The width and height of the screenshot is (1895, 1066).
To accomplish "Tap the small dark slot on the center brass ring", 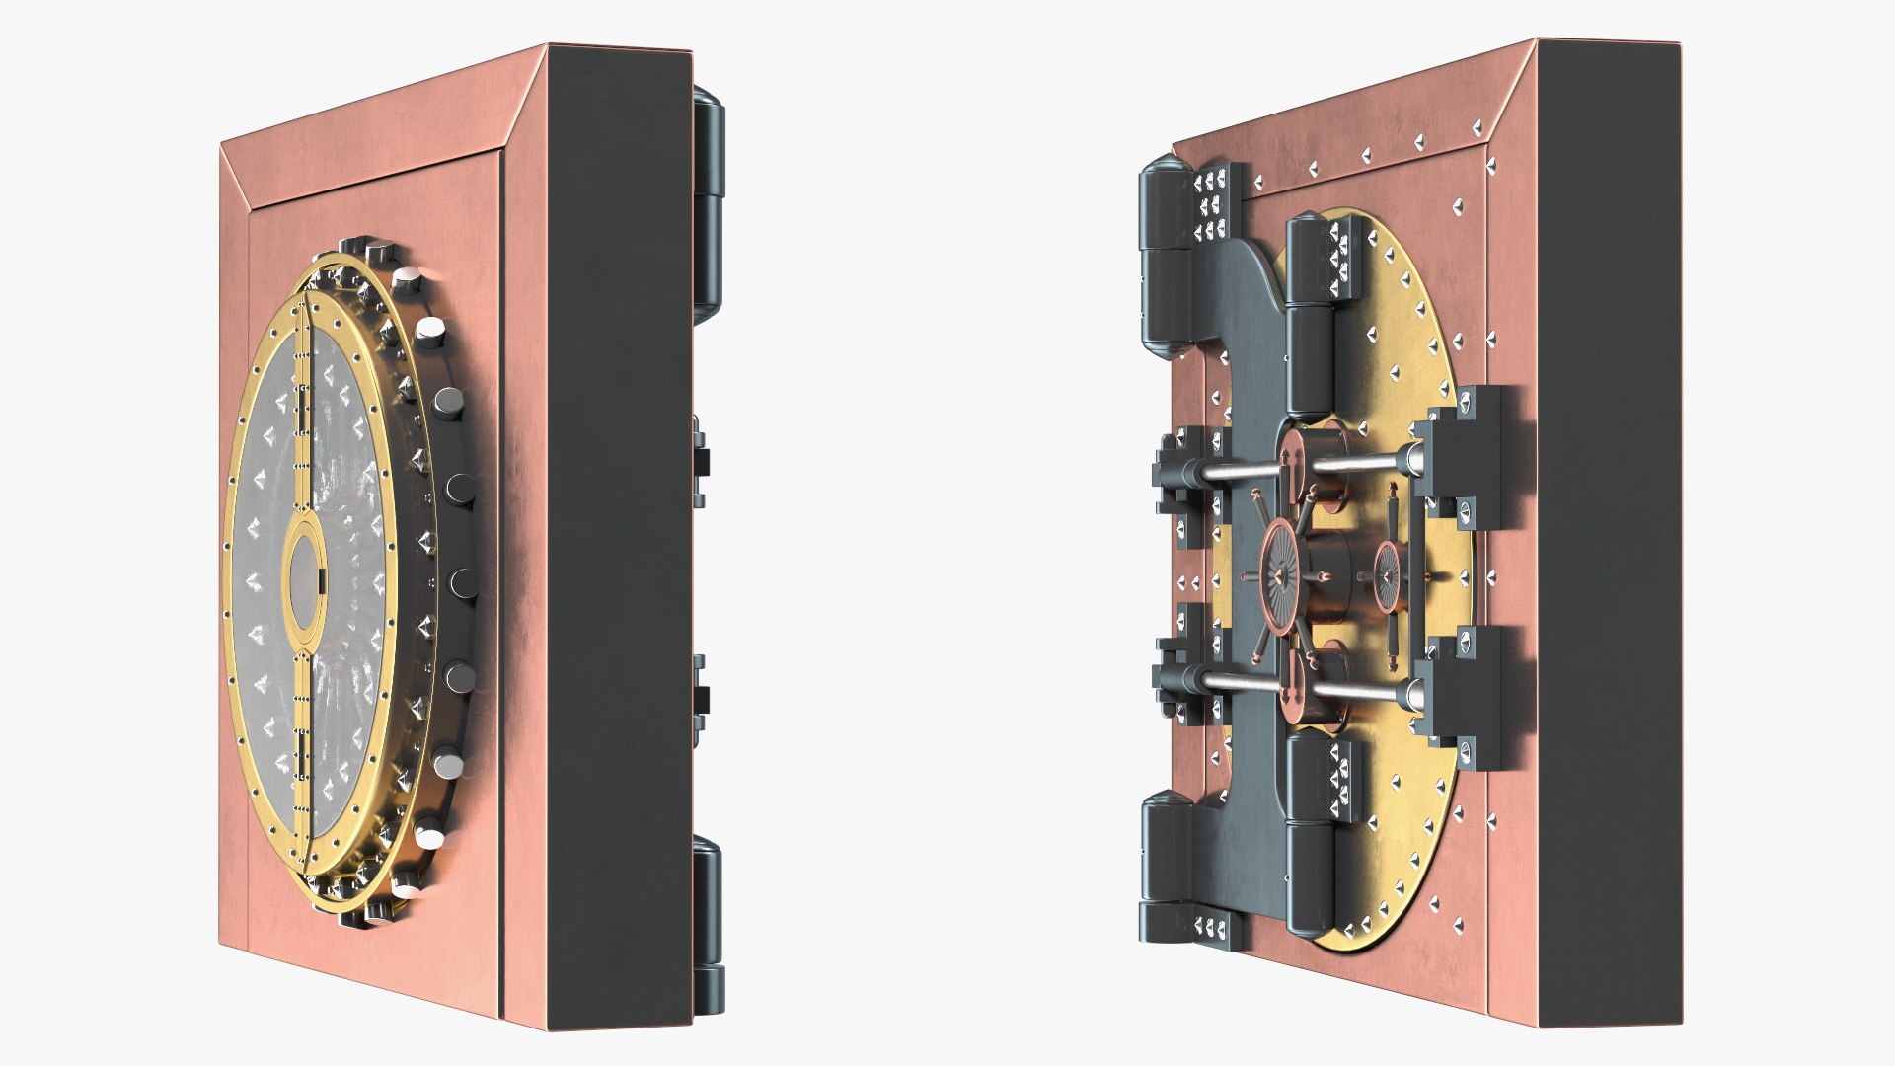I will click(321, 577).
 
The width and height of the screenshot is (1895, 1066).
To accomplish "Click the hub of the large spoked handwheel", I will click(1280, 573).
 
